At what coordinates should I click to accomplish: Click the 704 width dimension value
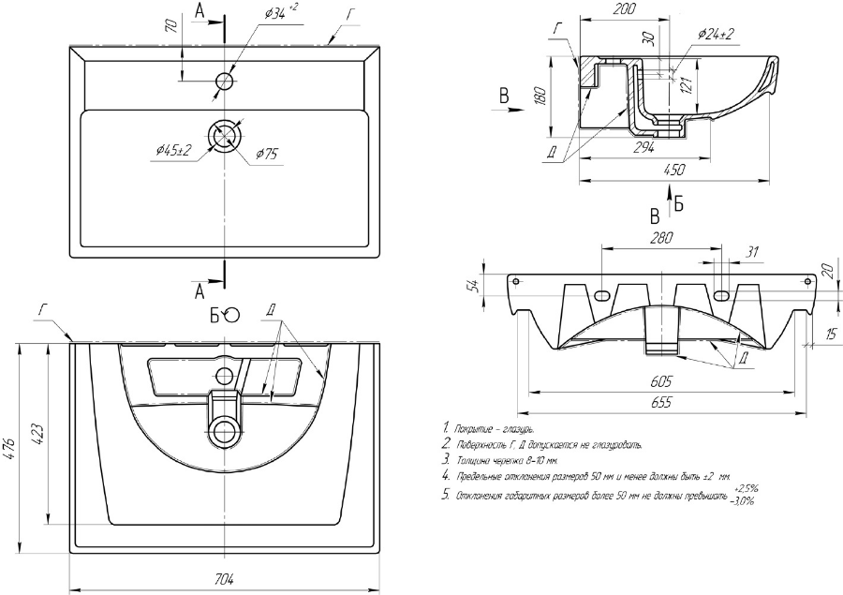click(x=224, y=579)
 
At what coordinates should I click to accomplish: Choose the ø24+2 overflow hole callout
click(x=716, y=33)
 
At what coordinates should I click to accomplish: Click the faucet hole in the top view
click(x=224, y=82)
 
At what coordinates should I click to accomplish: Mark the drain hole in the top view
click(x=224, y=136)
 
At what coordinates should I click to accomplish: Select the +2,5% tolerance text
click(x=747, y=488)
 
